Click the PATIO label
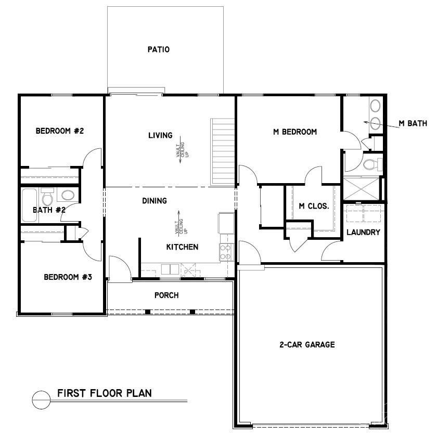(159, 50)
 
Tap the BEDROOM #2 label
(60, 131)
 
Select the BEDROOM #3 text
(68, 277)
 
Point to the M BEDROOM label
(295, 132)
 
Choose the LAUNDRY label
(364, 233)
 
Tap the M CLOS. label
(314, 206)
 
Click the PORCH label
(166, 295)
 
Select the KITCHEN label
(182, 247)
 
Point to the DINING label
(155, 201)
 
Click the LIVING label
(160, 136)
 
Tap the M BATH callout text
(413, 124)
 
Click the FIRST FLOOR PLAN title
(104, 393)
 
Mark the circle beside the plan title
(41, 400)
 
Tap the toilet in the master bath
(372, 165)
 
